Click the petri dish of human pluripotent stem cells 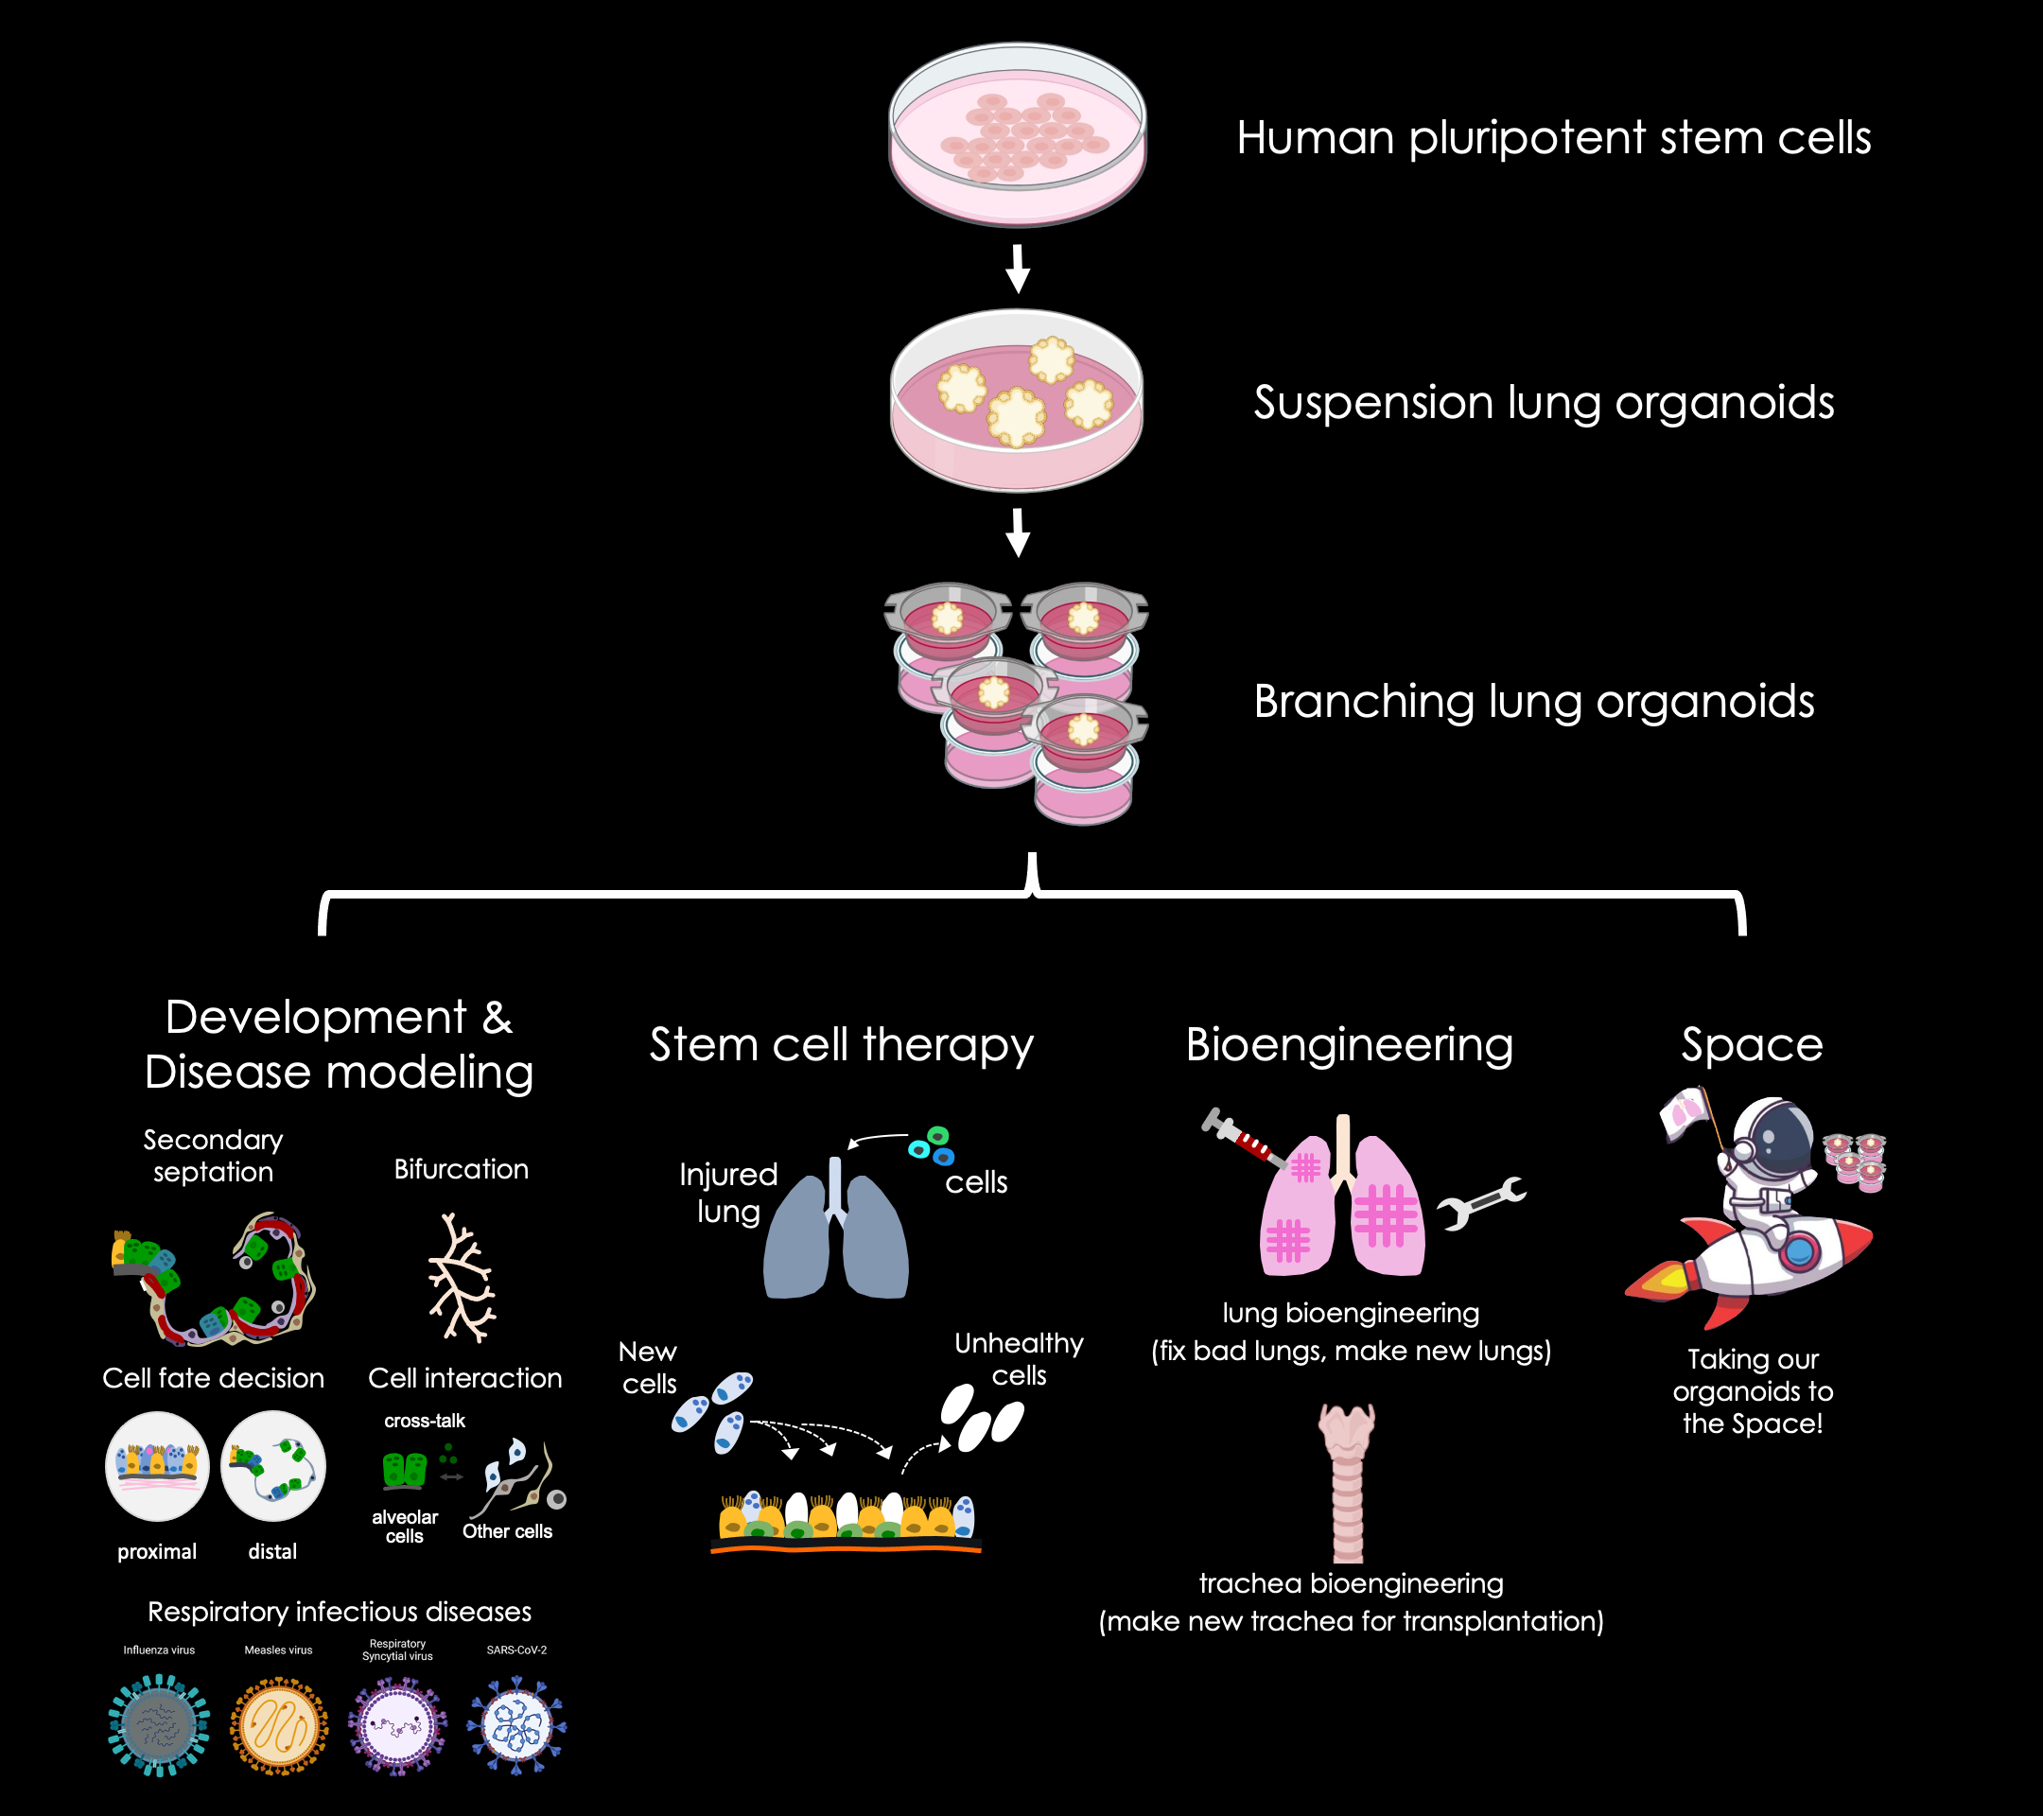coord(1018,135)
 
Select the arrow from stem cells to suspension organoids coord(1018,268)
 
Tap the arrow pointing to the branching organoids coord(1018,532)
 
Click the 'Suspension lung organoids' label coord(1544,403)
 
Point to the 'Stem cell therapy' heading coord(841,1044)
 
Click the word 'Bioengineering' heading coord(1349,1044)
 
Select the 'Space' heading coord(1751,1044)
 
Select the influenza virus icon coord(159,1726)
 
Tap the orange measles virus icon coord(279,1726)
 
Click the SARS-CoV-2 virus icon coord(515,1726)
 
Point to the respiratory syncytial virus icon coord(398,1726)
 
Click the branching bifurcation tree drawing coord(462,1276)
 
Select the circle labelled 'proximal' coord(157,1466)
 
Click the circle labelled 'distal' coord(272,1466)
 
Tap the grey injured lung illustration coord(835,1234)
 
